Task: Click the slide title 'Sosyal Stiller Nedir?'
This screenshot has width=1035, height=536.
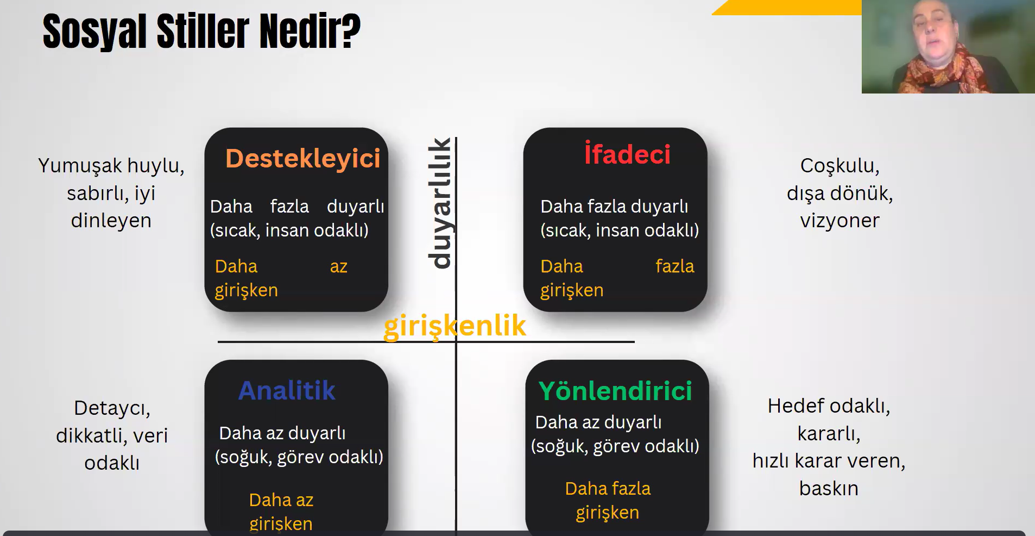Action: (x=201, y=32)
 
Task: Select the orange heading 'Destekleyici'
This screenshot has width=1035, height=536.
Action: (x=303, y=159)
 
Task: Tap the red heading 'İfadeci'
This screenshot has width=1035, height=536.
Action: (x=627, y=153)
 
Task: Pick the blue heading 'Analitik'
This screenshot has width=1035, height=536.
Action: (x=287, y=390)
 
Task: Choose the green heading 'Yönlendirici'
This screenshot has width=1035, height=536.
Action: (x=615, y=390)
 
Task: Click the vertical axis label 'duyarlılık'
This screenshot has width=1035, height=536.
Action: (x=440, y=203)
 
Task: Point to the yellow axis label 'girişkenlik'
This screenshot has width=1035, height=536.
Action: (x=455, y=326)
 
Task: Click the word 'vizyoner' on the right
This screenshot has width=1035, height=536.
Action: (x=840, y=221)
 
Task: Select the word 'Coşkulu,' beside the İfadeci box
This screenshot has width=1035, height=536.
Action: (x=840, y=166)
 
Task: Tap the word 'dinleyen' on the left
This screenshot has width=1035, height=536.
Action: (x=111, y=221)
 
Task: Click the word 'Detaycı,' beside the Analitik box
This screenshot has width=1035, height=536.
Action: (x=112, y=408)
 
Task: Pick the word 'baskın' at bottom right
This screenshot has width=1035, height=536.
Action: (x=829, y=488)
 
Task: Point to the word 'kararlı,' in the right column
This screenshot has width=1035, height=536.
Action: (x=829, y=434)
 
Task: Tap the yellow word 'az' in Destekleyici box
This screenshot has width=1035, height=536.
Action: (x=338, y=266)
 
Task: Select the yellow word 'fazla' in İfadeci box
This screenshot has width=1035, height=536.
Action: (x=674, y=266)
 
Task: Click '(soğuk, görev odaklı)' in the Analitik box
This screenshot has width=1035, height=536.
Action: (x=299, y=457)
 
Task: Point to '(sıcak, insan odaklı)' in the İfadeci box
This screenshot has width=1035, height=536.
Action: (x=620, y=230)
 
